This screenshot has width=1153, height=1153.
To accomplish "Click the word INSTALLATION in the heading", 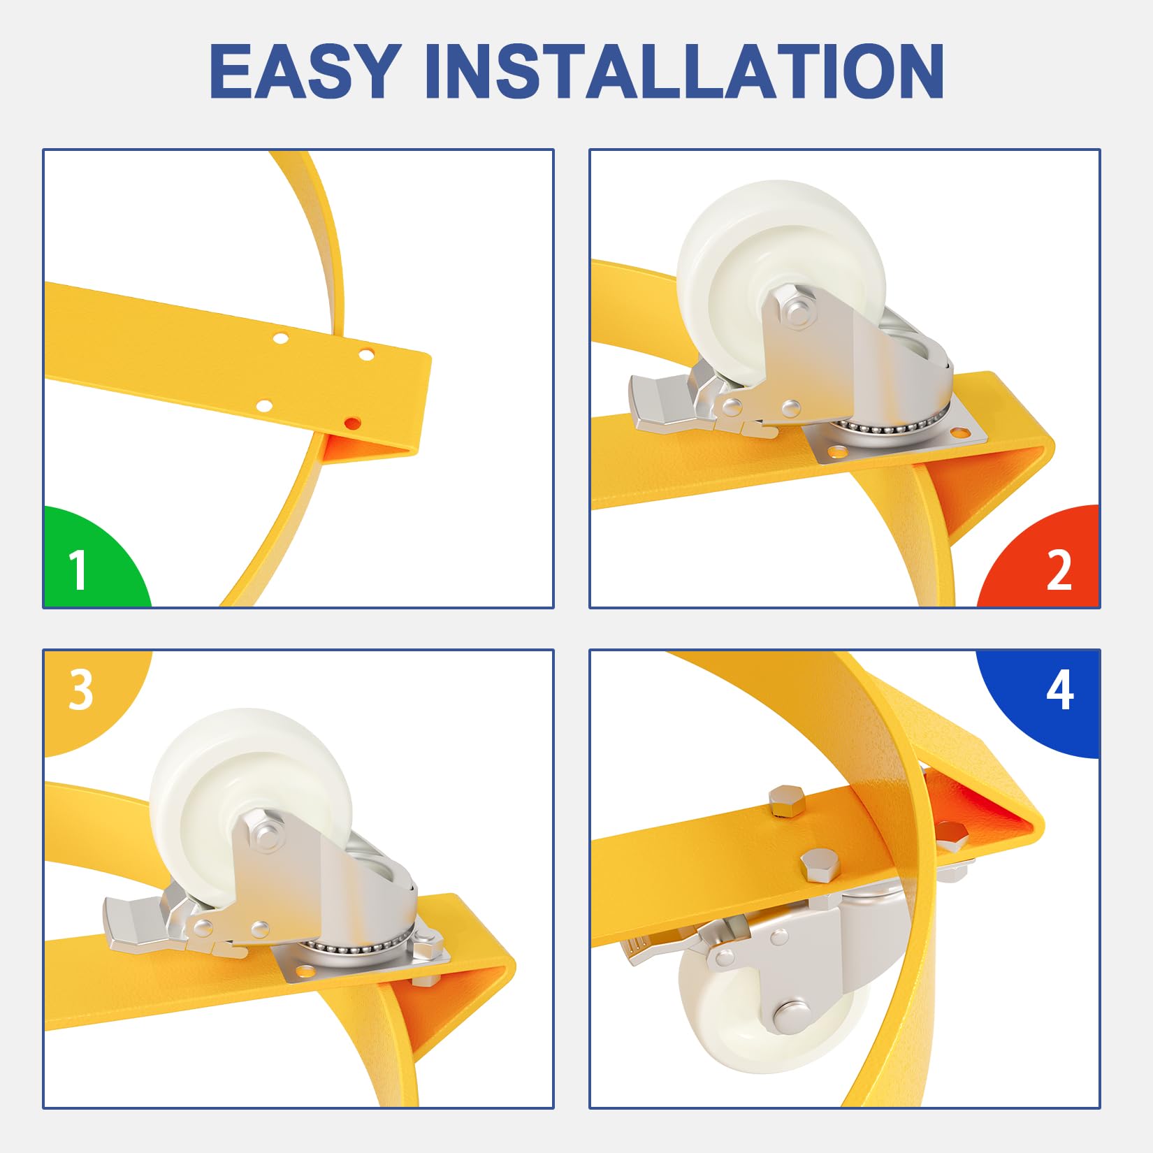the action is (684, 71).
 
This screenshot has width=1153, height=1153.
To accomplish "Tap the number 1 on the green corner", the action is (78, 570).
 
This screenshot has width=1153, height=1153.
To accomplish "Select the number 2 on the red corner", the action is (1059, 570).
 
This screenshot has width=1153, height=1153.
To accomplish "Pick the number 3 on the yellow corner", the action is (81, 690).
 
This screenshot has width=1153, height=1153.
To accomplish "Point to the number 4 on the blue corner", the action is (1060, 690).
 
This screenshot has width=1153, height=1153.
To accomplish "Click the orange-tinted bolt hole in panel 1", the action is (353, 423).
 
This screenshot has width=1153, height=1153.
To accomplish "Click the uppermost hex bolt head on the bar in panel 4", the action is (786, 801).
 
